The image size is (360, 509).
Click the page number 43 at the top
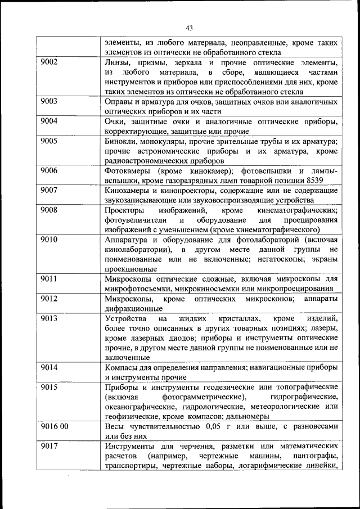click(x=189, y=28)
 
